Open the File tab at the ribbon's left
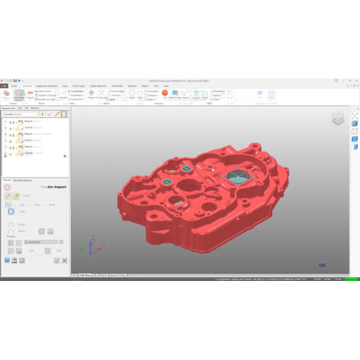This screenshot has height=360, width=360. (x=4, y=85)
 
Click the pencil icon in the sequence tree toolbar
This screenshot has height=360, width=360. (x=57, y=114)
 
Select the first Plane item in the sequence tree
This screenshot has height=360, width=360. (x=27, y=122)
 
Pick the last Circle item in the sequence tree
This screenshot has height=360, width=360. (x=27, y=153)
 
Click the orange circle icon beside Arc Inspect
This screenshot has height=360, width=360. (x=7, y=187)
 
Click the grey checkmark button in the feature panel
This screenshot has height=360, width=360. (x=57, y=261)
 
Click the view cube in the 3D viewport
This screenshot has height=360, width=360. (x=338, y=117)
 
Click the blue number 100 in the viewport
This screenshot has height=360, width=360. (x=322, y=266)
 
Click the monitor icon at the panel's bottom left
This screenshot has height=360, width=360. (x=6, y=261)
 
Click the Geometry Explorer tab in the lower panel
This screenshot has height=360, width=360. (x=23, y=180)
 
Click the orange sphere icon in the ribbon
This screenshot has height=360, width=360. (x=165, y=93)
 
